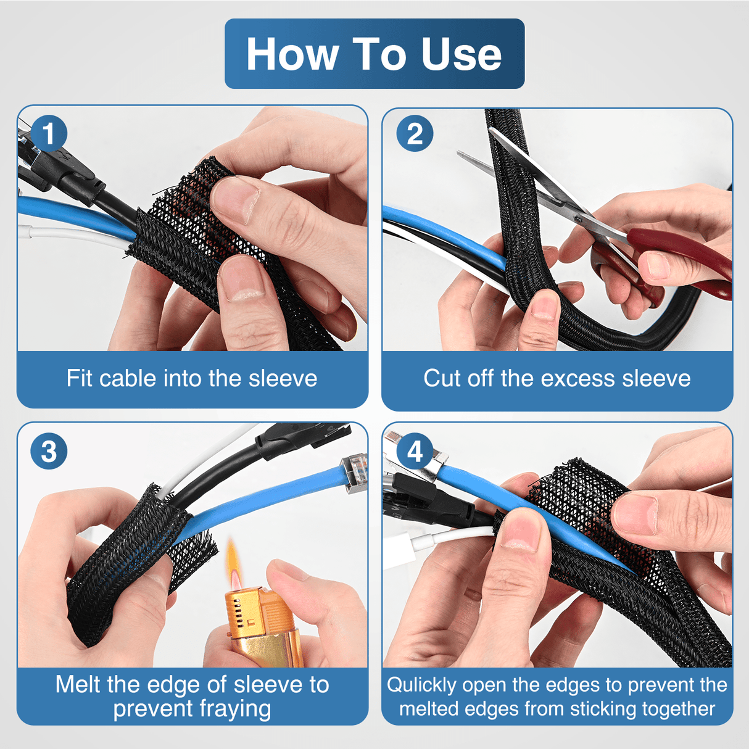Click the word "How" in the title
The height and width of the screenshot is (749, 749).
click(292, 54)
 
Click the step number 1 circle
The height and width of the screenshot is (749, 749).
click(49, 133)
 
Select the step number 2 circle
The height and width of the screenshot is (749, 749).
click(415, 133)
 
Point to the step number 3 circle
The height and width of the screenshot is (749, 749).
click(49, 451)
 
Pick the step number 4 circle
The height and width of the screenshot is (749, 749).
click(415, 451)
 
